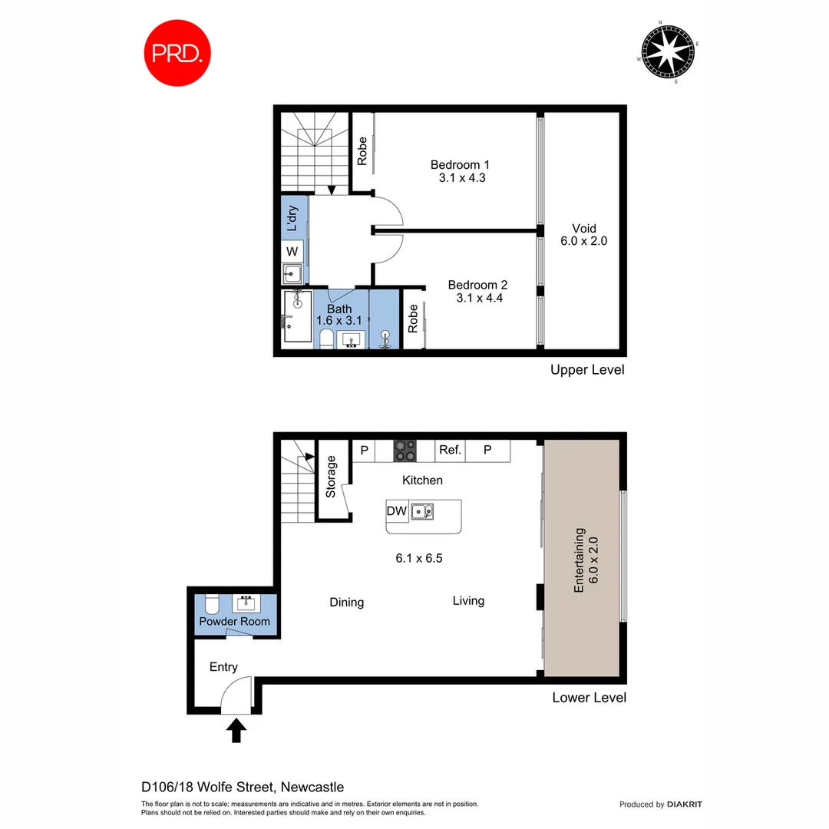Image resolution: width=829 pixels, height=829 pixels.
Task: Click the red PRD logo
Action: click(177, 52)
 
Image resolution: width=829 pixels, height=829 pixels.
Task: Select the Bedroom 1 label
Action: click(460, 164)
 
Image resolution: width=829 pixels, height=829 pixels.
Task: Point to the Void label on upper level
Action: click(583, 229)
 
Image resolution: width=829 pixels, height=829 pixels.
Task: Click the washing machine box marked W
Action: click(292, 252)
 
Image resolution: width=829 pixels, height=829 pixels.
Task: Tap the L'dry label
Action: click(292, 218)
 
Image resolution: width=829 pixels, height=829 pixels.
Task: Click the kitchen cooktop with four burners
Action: click(405, 451)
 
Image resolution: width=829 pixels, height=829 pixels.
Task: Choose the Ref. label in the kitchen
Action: click(450, 451)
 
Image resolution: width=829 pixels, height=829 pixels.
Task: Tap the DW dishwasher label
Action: click(397, 510)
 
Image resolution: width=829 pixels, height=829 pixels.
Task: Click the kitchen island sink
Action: click(421, 510)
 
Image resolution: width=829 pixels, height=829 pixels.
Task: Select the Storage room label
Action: click(332, 477)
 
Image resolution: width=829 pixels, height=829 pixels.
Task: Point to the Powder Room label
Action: click(234, 621)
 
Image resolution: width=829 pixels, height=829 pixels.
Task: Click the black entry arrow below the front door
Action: click(236, 730)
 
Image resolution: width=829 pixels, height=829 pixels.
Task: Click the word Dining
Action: click(346, 603)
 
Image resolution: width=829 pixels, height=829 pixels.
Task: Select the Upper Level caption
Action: click(587, 370)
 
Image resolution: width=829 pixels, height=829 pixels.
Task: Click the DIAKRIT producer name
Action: click(685, 804)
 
